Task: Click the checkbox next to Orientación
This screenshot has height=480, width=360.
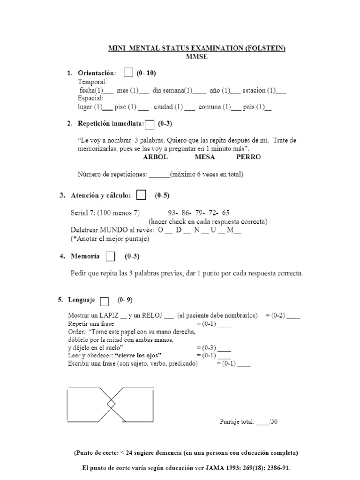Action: point(128,73)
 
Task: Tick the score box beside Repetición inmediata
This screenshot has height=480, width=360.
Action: point(150,125)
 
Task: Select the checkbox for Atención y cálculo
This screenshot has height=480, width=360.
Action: point(141,195)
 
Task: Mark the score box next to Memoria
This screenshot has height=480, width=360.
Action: point(111,256)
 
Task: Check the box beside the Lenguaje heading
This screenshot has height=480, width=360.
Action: point(105,300)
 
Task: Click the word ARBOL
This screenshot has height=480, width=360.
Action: point(155,157)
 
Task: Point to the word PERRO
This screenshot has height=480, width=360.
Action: point(248,157)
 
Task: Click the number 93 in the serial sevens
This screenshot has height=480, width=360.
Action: point(172,212)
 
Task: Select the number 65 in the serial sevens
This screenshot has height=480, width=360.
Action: point(226,212)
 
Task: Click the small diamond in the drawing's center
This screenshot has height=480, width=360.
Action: point(111,404)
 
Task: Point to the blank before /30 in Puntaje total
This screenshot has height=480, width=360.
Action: point(262,421)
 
